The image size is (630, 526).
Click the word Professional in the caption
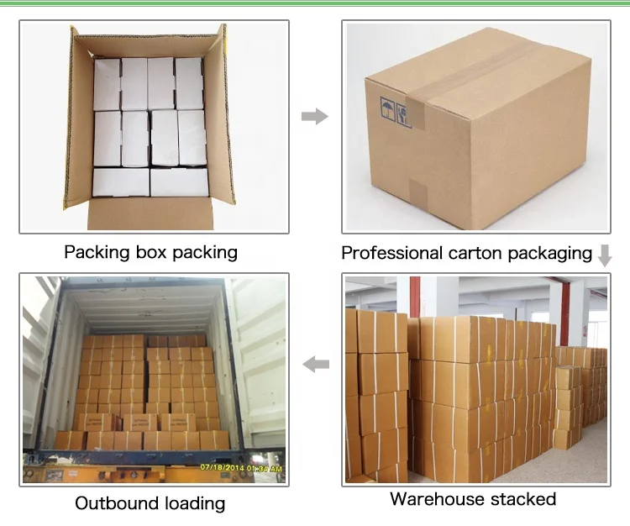tap(392, 253)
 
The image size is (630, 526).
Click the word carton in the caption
tap(475, 253)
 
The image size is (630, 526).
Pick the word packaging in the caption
tap(549, 253)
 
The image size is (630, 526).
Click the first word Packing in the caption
tap(95, 252)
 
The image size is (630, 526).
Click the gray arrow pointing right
tap(314, 116)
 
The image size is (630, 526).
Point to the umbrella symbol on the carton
tap(388, 108)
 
